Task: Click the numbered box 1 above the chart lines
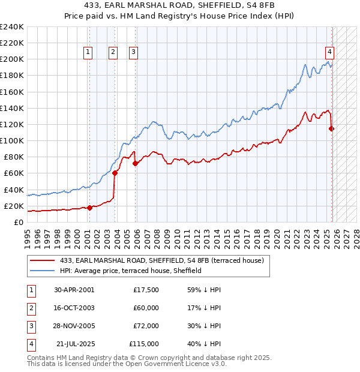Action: click(88, 52)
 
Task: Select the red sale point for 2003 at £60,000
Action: click(115, 173)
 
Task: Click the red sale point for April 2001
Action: click(89, 208)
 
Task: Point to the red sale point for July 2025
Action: click(332, 128)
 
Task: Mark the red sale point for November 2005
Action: click(136, 163)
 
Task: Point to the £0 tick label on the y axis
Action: click(18, 222)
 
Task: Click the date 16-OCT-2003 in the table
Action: click(74, 308)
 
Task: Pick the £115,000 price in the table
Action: click(144, 344)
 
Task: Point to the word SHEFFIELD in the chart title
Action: click(179, 6)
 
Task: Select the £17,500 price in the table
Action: click(146, 290)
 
